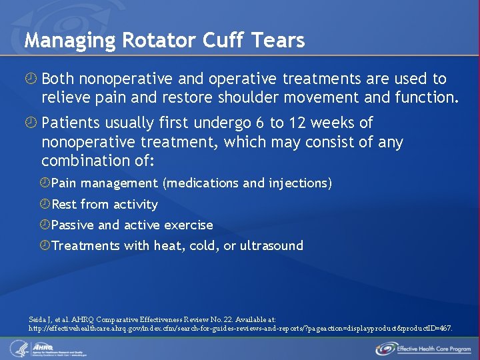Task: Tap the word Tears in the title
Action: (279, 41)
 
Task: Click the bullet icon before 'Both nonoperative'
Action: (31, 79)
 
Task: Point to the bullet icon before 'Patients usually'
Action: (31, 123)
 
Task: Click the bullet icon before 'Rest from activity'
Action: (45, 204)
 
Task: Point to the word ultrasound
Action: (271, 245)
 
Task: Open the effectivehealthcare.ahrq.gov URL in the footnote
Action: (240, 328)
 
